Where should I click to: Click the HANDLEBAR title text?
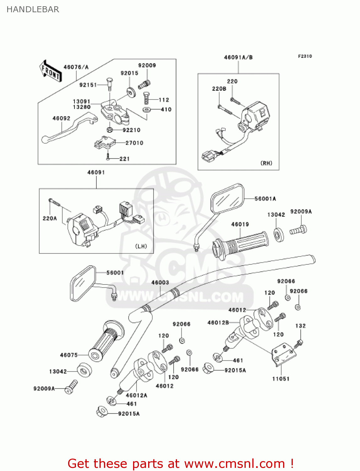click(33, 9)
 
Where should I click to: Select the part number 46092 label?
click(61, 118)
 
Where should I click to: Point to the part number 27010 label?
click(134, 143)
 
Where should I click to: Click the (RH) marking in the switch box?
click(266, 163)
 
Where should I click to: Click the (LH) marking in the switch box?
click(141, 246)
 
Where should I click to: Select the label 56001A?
click(265, 198)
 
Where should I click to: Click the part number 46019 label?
click(240, 224)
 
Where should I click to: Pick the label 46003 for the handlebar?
click(160, 282)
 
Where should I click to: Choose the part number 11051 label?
click(281, 379)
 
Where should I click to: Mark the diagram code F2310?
click(305, 56)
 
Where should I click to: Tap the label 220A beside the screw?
click(50, 218)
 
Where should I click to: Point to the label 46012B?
click(218, 322)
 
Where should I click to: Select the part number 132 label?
click(300, 326)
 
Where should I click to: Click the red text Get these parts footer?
click(180, 463)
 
